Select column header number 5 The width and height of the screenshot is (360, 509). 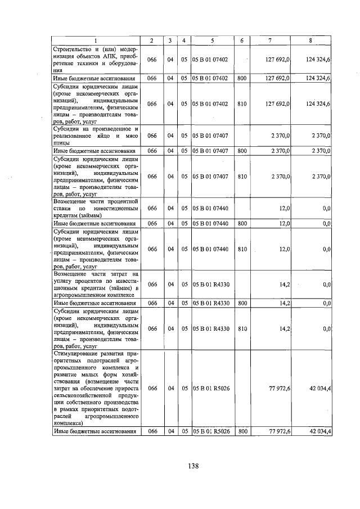212,40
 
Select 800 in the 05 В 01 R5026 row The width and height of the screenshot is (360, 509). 242,431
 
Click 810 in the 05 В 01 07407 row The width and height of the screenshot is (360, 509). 242,176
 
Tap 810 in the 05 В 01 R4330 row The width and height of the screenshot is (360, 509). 242,328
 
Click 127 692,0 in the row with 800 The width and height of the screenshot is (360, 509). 277,78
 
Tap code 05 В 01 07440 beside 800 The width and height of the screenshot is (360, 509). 210,223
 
